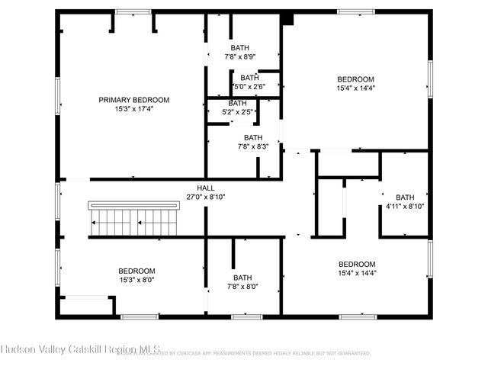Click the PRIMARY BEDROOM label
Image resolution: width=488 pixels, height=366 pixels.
pos(133,100)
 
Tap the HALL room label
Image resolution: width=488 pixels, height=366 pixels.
pos(206,188)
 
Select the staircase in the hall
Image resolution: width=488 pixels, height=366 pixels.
pos(133,220)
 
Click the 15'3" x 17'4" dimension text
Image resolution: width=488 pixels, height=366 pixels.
pos(133,110)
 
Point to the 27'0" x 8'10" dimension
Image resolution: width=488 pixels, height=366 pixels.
pos(206,197)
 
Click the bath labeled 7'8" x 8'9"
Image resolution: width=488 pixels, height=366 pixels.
pos(240,52)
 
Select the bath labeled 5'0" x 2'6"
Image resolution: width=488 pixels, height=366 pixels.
pos(249,82)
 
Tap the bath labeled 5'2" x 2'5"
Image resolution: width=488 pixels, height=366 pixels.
pos(237,108)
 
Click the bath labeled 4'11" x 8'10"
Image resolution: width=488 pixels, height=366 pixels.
pos(405,201)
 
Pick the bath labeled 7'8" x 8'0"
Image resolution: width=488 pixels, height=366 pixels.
pos(242,282)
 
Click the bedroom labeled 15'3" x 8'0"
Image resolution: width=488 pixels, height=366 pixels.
pos(136,275)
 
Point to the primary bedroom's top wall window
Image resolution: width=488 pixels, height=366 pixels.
pos(133,11)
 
